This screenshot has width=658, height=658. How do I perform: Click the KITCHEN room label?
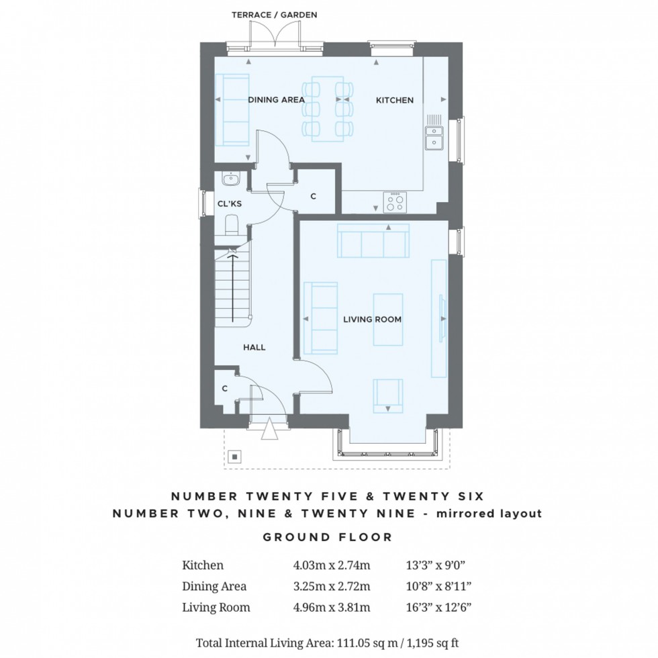395,100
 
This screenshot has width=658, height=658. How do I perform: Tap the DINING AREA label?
276,100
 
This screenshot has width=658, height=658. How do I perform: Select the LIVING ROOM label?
372,320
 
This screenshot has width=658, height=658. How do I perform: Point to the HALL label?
254,348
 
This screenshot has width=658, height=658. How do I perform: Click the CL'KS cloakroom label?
230,204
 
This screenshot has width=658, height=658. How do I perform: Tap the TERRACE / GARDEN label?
275,15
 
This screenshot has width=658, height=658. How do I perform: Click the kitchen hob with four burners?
395,202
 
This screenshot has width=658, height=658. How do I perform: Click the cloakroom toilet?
232,225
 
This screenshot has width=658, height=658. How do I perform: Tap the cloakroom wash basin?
230,179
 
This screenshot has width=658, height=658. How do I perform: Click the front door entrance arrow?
269,429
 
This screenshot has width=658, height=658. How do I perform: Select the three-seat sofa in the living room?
373,240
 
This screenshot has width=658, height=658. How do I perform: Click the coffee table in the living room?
388,320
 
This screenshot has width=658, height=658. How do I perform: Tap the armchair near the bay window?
388,396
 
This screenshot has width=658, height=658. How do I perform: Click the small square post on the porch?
235,457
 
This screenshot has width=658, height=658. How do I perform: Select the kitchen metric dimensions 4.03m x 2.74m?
332,565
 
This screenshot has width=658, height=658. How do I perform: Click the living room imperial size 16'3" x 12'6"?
438,607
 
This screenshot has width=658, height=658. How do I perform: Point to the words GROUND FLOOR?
328,537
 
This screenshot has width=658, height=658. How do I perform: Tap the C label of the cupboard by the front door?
224,389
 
